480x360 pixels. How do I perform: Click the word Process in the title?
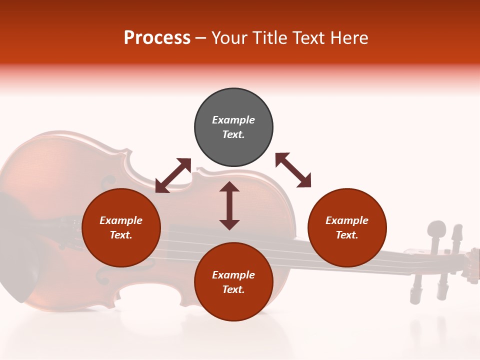(x=157, y=38)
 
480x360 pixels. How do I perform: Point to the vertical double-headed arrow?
(x=229, y=205)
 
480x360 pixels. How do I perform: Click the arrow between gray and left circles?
(x=173, y=175)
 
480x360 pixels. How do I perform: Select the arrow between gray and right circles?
(x=293, y=170)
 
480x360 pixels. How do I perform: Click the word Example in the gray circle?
(x=233, y=120)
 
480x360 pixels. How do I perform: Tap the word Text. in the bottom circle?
(x=233, y=289)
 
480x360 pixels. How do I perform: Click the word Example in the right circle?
(x=347, y=220)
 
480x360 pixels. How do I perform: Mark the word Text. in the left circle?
(x=121, y=235)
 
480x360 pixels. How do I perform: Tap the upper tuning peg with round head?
(x=437, y=229)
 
